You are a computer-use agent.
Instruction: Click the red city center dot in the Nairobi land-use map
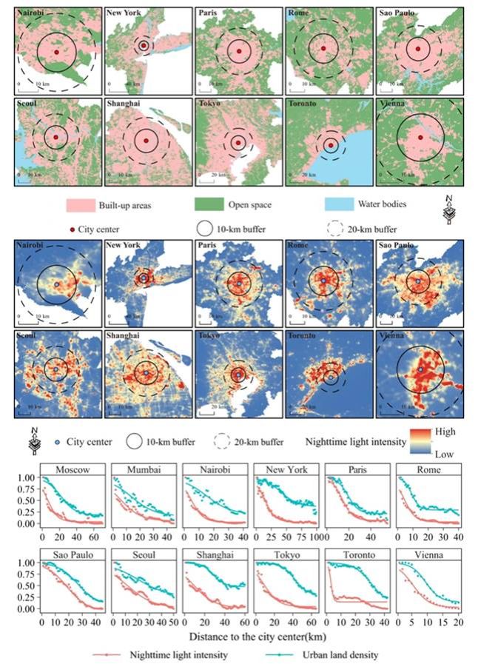coord(57,52)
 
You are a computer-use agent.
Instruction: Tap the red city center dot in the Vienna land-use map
coord(420,137)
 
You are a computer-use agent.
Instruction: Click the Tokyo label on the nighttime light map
coord(209,335)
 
